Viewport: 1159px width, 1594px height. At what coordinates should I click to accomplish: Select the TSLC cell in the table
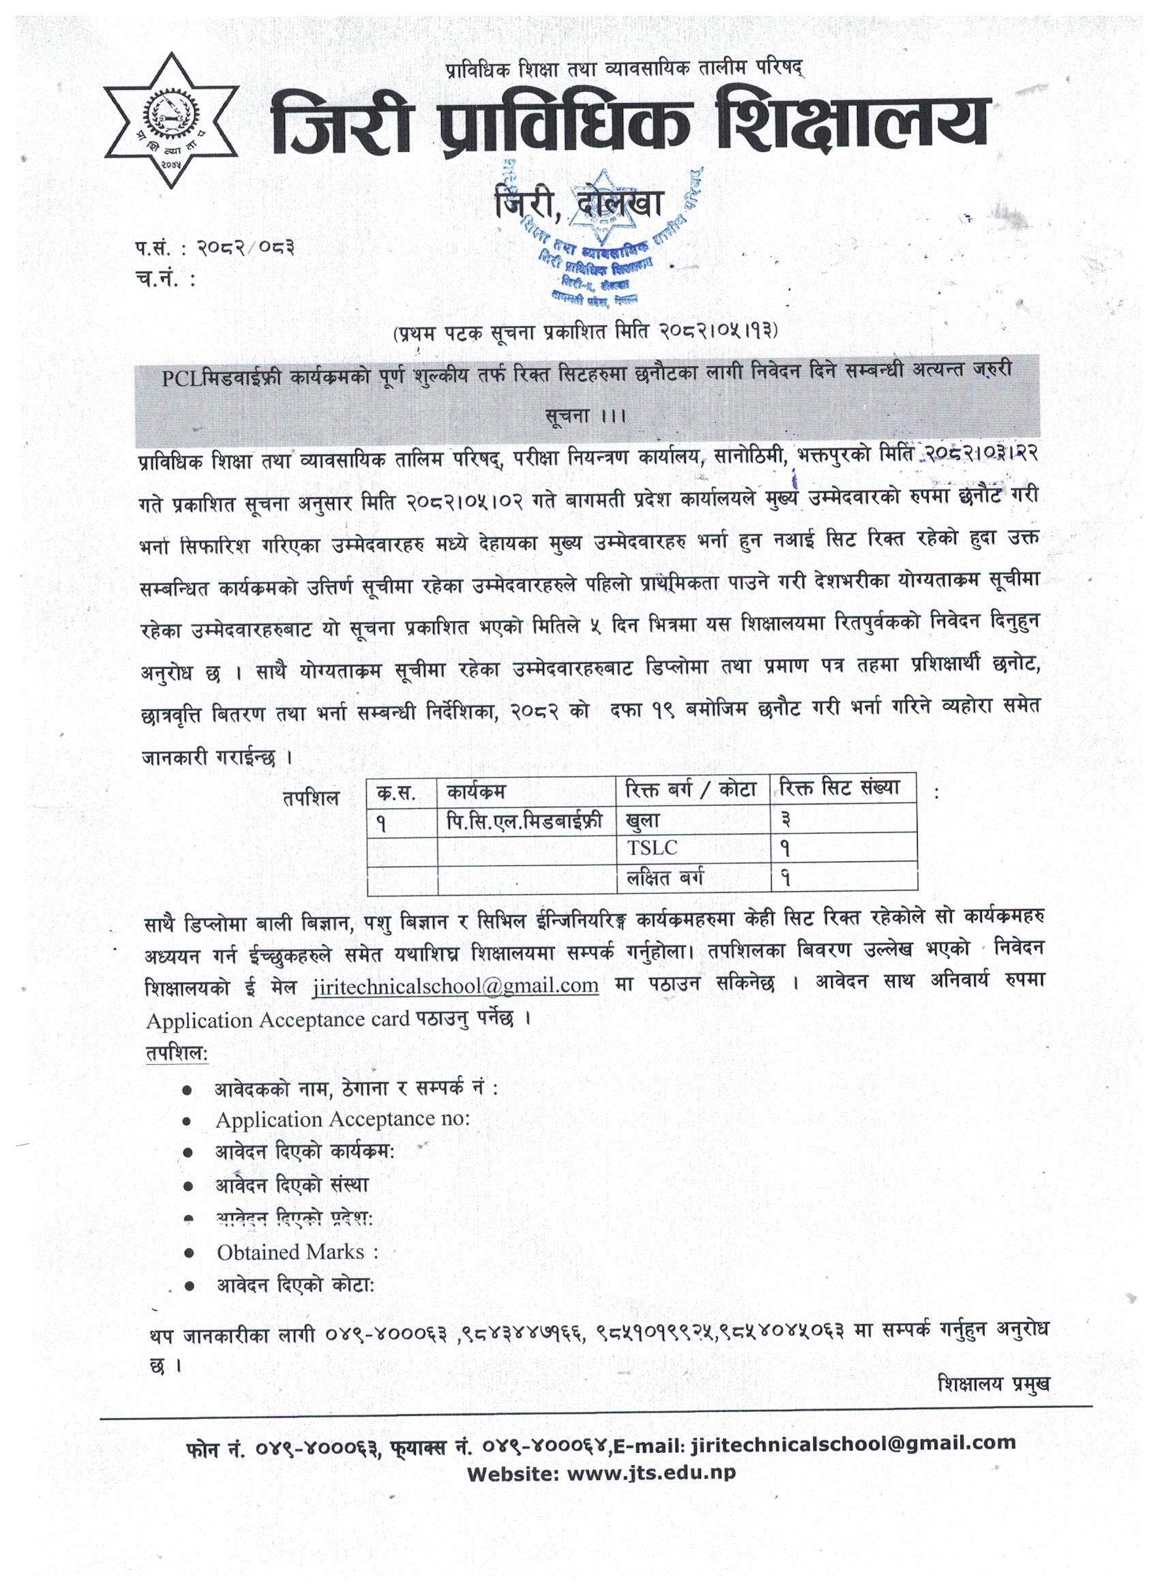(x=652, y=847)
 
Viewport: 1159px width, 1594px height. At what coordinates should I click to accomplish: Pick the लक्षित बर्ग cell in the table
(x=664, y=878)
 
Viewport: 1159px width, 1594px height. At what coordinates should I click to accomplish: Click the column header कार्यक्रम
(x=476, y=791)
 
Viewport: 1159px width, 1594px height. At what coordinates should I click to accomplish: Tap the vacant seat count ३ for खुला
(x=785, y=819)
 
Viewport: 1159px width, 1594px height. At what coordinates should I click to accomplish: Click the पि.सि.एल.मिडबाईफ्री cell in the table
(x=524, y=820)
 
